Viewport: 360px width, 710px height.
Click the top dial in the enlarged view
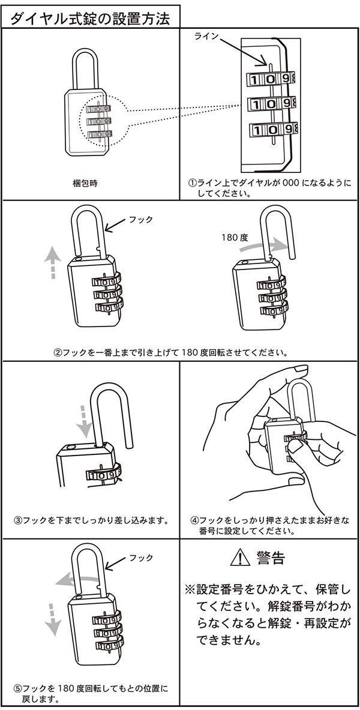[272, 78]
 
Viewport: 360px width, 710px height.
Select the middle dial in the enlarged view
[272, 103]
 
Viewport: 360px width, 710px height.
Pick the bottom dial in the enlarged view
[272, 128]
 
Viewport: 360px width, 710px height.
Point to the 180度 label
[235, 238]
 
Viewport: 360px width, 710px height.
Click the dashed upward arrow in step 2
[53, 264]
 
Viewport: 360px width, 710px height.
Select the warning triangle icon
[239, 558]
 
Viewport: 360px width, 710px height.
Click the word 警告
[270, 558]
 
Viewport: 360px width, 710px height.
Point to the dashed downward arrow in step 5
[53, 618]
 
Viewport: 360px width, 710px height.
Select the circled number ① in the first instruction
[192, 184]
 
